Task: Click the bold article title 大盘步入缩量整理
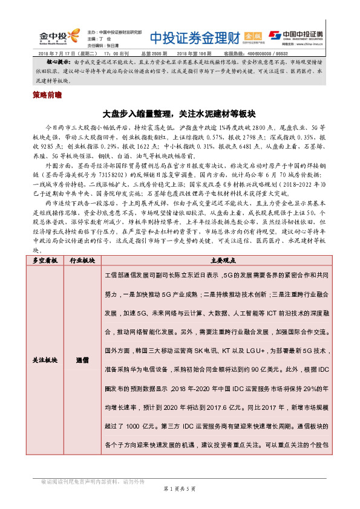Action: pos(180,114)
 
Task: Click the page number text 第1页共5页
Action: pos(180,487)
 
